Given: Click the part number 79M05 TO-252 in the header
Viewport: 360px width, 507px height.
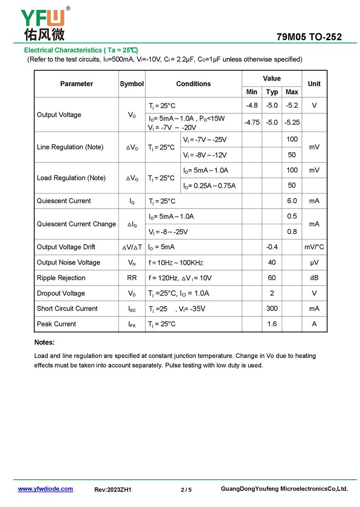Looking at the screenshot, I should point(309,37).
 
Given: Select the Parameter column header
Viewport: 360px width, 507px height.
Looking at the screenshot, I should point(76,84).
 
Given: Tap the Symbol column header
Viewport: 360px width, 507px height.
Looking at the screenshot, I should point(132,84).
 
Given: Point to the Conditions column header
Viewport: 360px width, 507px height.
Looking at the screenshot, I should point(193,84).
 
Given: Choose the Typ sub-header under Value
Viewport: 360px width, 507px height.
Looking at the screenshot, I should point(272,92).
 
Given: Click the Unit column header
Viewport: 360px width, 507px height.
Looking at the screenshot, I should point(314,84).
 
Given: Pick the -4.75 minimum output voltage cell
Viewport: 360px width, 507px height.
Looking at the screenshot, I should point(252,122).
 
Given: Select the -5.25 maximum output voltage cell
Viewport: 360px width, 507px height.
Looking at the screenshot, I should point(292,122).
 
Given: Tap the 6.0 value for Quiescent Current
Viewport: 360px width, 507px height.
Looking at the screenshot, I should point(292,201).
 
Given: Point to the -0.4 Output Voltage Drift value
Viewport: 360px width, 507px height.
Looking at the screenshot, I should point(272,247).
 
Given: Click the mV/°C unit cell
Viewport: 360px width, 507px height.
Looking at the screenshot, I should point(314,247).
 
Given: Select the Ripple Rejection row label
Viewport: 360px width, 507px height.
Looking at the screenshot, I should point(61,278).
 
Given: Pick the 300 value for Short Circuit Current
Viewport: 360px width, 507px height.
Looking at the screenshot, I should point(272,308).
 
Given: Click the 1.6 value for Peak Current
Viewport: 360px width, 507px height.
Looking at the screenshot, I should point(272,324).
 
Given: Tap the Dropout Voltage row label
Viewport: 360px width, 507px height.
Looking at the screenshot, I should point(61,293).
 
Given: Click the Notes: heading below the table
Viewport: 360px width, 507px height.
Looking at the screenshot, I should point(44,342).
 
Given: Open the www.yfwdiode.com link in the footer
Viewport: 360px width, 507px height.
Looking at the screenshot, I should point(45,489).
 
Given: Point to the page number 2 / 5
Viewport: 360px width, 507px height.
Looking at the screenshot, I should point(186,489).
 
